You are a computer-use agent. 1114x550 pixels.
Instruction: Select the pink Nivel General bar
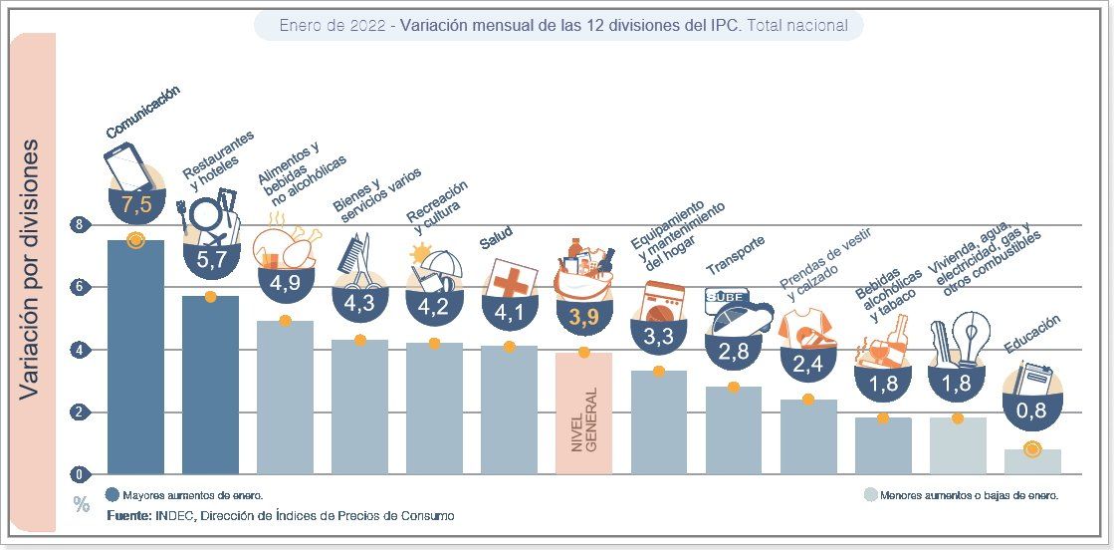point(583,413)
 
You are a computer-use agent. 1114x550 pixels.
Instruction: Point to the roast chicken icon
point(287,245)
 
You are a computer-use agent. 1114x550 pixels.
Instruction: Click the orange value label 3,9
point(583,318)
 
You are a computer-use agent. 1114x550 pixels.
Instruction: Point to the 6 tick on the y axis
point(79,288)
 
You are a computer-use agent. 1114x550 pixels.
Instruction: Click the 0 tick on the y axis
point(79,473)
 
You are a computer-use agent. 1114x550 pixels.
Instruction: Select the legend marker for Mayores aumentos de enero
point(111,494)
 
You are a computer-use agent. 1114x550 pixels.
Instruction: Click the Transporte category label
point(735,255)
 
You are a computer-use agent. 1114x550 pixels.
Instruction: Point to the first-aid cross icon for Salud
point(510,280)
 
